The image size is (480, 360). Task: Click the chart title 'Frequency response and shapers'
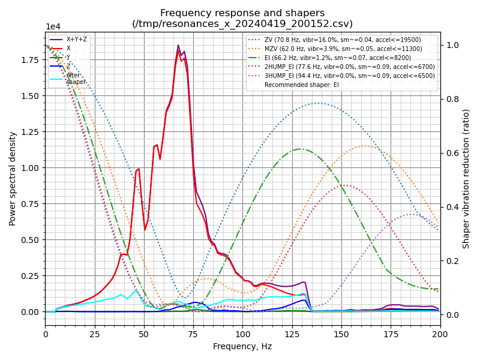[x=242, y=13]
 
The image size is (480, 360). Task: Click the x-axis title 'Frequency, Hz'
[x=242, y=346]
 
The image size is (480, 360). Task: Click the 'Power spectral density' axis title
[x=13, y=178]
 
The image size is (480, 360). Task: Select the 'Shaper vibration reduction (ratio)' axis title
[x=466, y=178]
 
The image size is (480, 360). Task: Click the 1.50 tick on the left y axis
[x=31, y=96]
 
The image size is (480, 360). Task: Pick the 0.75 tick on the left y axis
[x=31, y=204]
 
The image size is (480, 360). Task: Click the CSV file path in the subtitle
[x=242, y=24]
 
